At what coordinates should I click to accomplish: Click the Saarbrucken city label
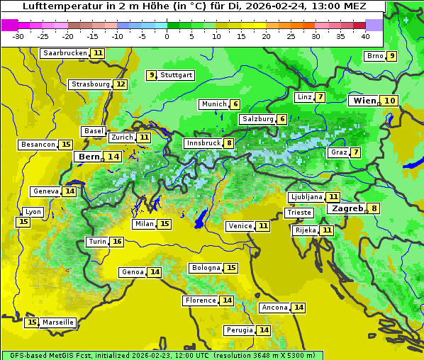click(x=65, y=53)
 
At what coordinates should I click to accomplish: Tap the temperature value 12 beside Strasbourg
click(x=121, y=84)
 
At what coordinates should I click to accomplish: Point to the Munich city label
click(x=213, y=104)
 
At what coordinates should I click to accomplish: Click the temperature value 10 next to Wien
click(x=390, y=101)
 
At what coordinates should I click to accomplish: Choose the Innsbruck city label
click(x=203, y=143)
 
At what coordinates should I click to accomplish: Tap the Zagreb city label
click(x=346, y=208)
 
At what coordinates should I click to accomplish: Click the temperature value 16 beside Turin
click(x=117, y=242)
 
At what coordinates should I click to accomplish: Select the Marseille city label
click(x=58, y=322)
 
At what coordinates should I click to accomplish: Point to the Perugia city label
click(x=238, y=330)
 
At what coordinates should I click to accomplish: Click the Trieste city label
click(x=299, y=213)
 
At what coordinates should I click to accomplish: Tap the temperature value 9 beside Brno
click(x=392, y=56)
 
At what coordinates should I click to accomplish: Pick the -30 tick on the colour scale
click(x=18, y=36)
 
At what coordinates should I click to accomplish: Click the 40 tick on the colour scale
click(x=365, y=36)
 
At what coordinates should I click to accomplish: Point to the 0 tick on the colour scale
click(x=167, y=36)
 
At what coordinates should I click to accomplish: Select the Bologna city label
click(x=205, y=268)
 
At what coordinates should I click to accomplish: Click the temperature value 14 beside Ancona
click(x=299, y=308)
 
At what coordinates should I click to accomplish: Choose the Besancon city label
click(x=38, y=145)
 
